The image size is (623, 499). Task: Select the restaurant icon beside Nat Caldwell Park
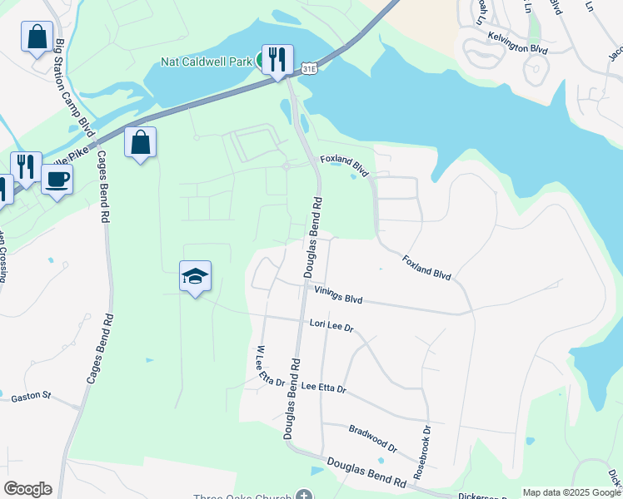coord(277,60)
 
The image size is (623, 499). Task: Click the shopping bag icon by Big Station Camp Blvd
coord(37,38)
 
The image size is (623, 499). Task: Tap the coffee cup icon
coord(57,180)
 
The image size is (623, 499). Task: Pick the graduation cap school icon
coord(195,278)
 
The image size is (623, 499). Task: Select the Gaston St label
coord(31,398)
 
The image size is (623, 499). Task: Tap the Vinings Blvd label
coord(339,294)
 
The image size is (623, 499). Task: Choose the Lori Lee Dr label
coord(331,325)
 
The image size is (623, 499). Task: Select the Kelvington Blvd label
coord(516,47)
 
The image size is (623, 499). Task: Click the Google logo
coord(27,489)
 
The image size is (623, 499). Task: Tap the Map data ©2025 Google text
coord(571,492)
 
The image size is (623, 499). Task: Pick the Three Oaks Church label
coord(242,497)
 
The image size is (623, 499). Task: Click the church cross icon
coord(305,496)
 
